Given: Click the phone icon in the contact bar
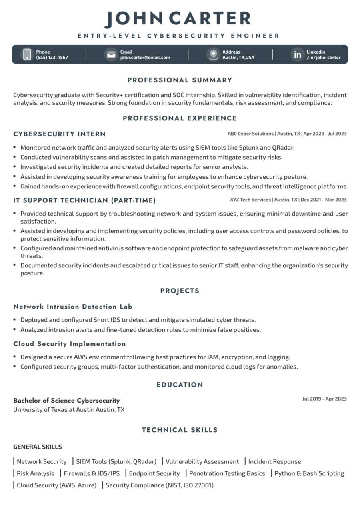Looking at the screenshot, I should point(27,54).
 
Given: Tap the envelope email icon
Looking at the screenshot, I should point(111,54).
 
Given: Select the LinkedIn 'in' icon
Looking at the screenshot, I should point(297,54).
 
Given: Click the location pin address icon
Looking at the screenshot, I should point(213,54).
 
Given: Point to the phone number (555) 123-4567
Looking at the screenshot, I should point(52,57).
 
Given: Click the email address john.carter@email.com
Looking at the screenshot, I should point(145,57).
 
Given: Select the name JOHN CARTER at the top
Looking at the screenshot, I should point(178,19).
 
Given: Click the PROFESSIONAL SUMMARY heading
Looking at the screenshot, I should point(180,80).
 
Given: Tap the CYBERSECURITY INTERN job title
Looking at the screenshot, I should point(59,134).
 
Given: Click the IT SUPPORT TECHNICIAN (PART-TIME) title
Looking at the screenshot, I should point(84,200).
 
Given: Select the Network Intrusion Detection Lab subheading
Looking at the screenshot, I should point(73,307).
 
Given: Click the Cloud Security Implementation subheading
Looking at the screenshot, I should point(70,344).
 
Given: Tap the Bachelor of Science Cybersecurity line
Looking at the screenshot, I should point(66,400).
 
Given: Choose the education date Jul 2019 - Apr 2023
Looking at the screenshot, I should point(324,399).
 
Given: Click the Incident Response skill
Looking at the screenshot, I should point(274,461).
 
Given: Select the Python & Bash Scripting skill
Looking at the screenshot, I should point(309,473).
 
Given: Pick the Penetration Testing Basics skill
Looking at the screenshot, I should point(227,473).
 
